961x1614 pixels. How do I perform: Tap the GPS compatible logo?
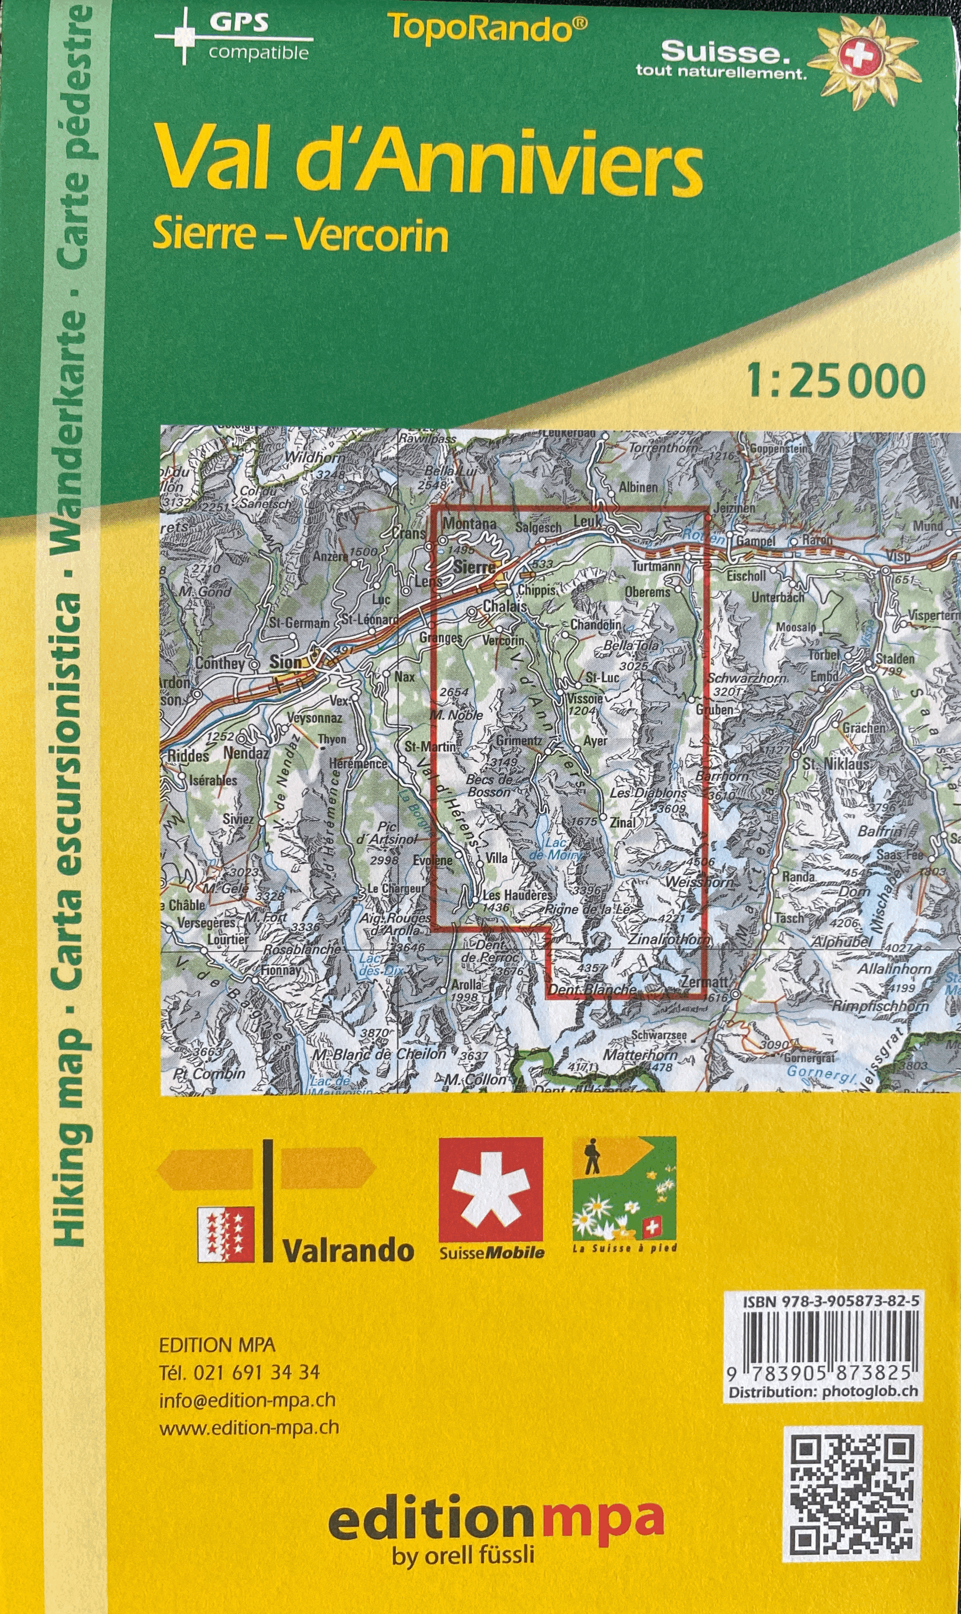coord(233,36)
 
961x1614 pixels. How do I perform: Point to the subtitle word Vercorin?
coord(371,237)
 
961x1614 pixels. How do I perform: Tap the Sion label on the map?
coord(285,662)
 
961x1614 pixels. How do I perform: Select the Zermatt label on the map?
coord(704,982)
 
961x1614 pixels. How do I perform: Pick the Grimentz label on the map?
coord(519,740)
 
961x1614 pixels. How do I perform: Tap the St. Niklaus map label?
coord(835,765)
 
